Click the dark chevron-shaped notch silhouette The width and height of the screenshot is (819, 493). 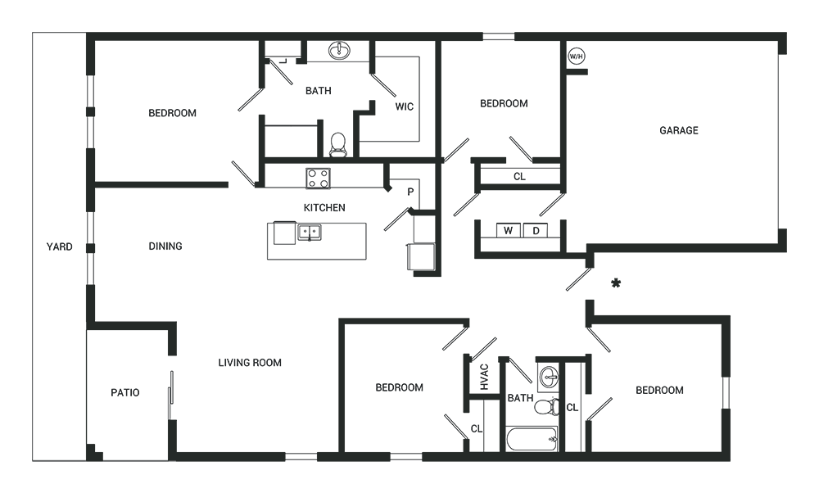[x=393, y=197]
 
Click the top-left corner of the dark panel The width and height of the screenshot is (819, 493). [x=33, y=33]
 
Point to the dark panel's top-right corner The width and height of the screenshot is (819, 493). [x=786, y=33]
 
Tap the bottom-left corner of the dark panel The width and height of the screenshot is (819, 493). [x=33, y=461]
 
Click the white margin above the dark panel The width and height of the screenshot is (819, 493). [x=409, y=15]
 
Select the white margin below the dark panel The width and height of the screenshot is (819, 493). [x=409, y=478]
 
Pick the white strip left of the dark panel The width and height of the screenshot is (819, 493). [x=15, y=246]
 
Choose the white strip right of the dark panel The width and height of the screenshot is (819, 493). [x=803, y=246]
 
